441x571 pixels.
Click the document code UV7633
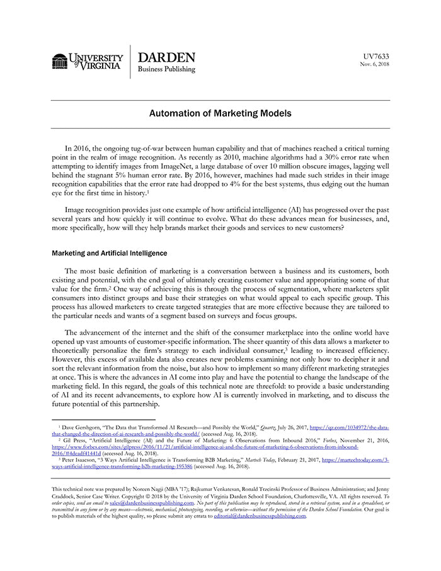[376, 55]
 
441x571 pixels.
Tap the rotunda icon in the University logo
[60, 61]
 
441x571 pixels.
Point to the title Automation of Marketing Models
[220, 114]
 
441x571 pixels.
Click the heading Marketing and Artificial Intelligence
[109, 253]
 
